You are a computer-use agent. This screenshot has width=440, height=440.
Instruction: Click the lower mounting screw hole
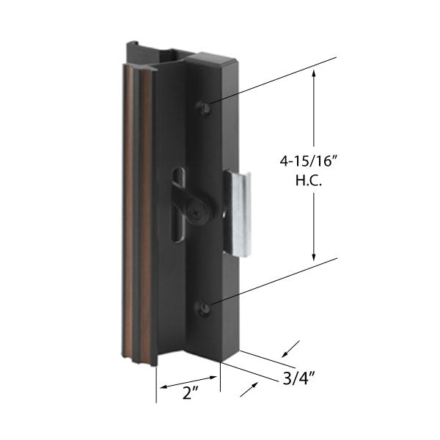click(206, 308)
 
